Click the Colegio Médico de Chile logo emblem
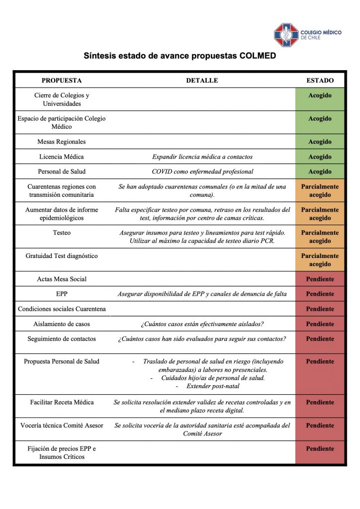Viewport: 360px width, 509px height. (286, 34)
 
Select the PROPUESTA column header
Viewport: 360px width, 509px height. (62, 81)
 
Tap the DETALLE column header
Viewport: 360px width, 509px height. (202, 81)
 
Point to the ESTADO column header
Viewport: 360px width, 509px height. (320, 81)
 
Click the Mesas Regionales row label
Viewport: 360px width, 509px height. (62, 142)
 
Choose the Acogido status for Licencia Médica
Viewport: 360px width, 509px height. (320, 157)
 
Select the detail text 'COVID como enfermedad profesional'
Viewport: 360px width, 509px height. (202, 171)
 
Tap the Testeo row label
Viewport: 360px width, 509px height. (62, 233)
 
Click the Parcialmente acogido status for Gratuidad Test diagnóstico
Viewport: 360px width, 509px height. (320, 260)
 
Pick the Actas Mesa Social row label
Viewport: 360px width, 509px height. (62, 279)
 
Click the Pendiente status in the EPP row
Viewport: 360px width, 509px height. (320, 294)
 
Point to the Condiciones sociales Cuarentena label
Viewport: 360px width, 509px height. (62, 309)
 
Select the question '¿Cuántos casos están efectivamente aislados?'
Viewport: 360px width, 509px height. (202, 324)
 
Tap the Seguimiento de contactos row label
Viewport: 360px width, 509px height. (62, 339)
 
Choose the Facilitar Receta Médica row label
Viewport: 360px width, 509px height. (62, 402)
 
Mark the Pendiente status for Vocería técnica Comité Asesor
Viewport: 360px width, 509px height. (320, 425)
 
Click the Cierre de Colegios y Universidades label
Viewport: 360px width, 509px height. (62, 99)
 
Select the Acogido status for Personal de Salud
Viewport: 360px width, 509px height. (320, 171)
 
